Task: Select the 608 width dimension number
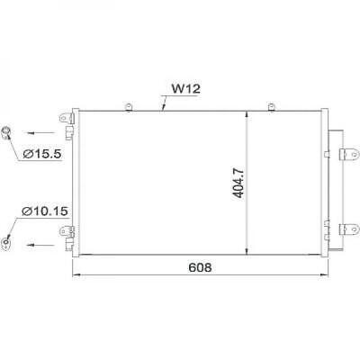[200, 267]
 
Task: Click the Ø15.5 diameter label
[41, 154]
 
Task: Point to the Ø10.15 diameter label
[44, 213]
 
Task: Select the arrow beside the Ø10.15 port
[35, 244]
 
